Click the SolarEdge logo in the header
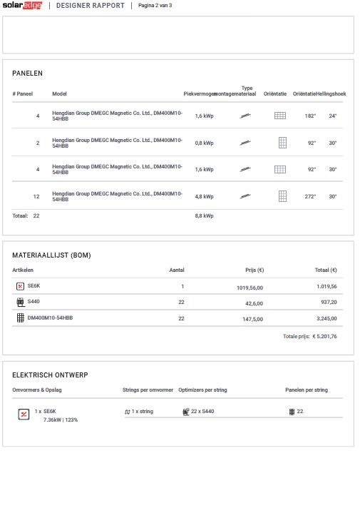22,5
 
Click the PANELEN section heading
28,73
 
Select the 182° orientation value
310,116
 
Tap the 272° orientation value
310,196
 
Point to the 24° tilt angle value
332,116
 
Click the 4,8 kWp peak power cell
204,196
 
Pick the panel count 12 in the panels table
36,196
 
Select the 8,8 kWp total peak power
204,215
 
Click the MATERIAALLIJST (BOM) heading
51,255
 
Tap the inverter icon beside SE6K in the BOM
20,286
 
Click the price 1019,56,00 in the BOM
250,287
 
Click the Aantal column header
177,270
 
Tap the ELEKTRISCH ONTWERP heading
50,375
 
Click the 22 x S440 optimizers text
202,412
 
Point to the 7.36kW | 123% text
61,420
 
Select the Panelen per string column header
307,390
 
